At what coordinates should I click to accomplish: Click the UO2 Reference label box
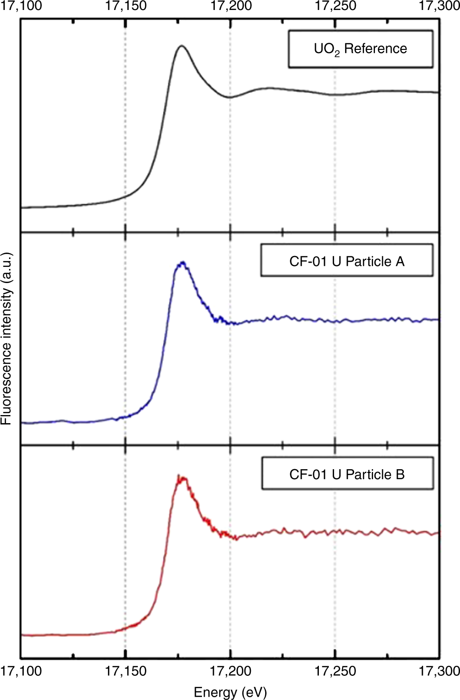(x=360, y=49)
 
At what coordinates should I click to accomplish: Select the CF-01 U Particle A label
(x=346, y=261)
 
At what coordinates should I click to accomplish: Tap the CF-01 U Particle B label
(x=347, y=474)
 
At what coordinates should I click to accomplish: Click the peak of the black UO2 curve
(x=181, y=46)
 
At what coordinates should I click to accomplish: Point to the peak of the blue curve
(x=182, y=263)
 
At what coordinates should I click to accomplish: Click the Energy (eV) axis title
(x=230, y=692)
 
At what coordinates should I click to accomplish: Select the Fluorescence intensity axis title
(x=6, y=338)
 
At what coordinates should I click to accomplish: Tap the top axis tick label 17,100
(x=21, y=6)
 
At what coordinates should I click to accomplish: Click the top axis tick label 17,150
(x=125, y=6)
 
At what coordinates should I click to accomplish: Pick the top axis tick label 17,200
(x=230, y=6)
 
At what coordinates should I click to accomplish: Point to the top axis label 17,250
(x=335, y=6)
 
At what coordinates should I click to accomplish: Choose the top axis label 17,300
(x=439, y=6)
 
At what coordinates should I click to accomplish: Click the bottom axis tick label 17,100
(x=21, y=671)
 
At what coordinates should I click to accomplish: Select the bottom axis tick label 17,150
(x=125, y=671)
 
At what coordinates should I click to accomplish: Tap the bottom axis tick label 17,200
(x=230, y=671)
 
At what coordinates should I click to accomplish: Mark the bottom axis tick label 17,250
(x=335, y=671)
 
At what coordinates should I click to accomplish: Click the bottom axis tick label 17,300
(x=439, y=671)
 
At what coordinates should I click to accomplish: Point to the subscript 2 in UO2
(x=337, y=54)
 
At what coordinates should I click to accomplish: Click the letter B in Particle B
(x=400, y=474)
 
